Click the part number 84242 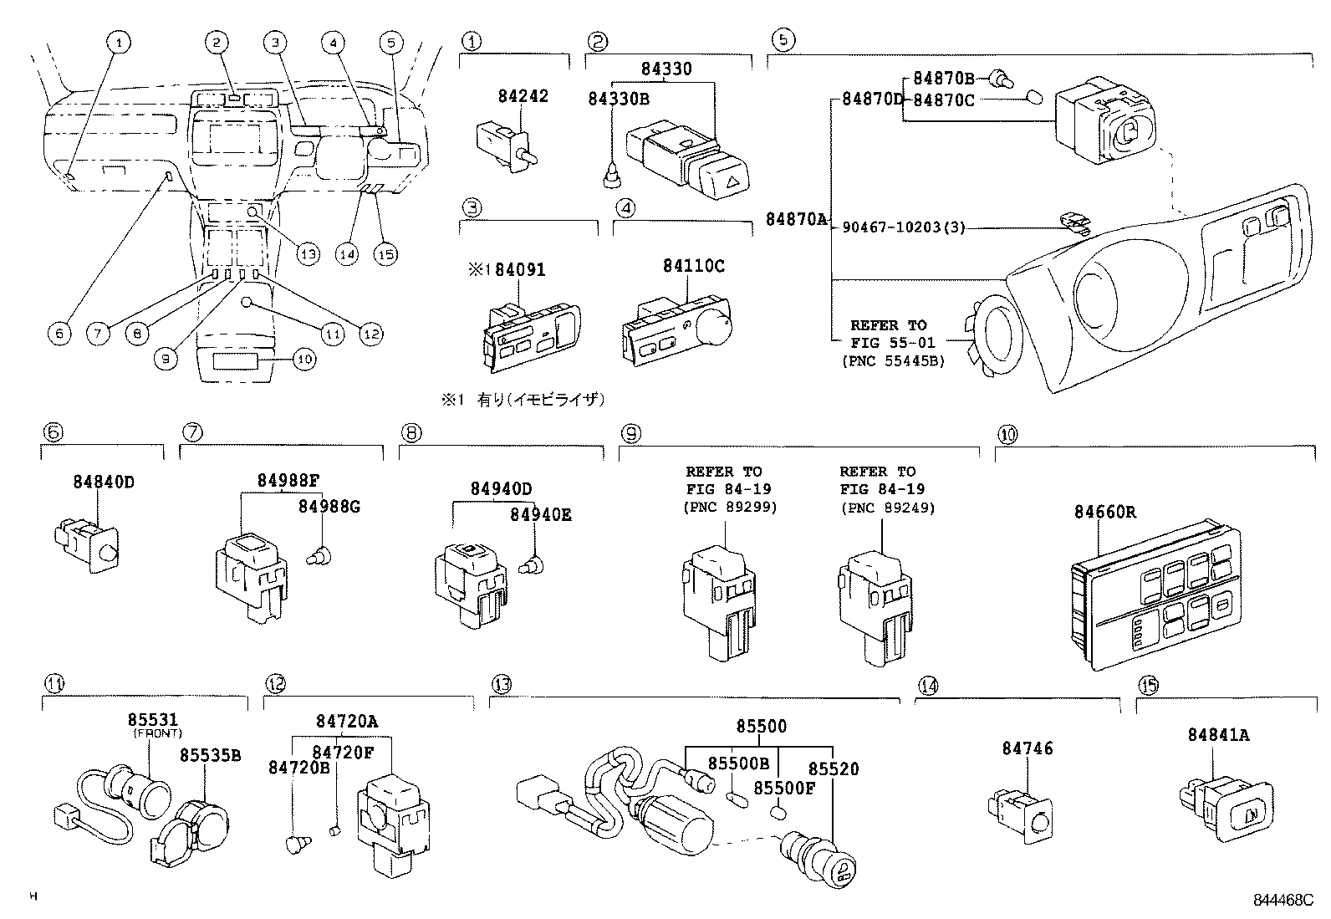coord(521,95)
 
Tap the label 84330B coord(619,99)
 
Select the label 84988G coord(329,506)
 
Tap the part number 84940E coord(541,514)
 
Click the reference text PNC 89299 coord(730,507)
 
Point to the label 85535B coord(209,754)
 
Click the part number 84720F coord(344,752)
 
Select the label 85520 coord(833,768)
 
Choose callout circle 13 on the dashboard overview coord(308,253)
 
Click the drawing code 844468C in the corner coord(1283,900)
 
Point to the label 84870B coord(943,79)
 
